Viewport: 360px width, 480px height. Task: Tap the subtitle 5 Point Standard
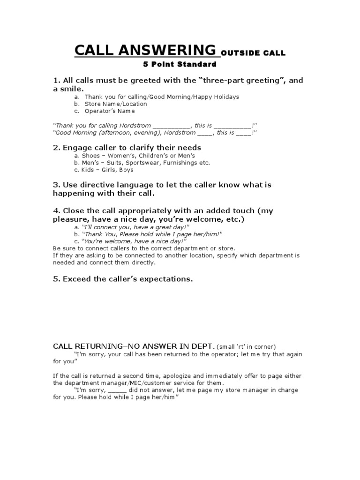pyautogui.click(x=180, y=64)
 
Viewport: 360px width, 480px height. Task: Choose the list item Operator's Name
pyautogui.click(x=109, y=111)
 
